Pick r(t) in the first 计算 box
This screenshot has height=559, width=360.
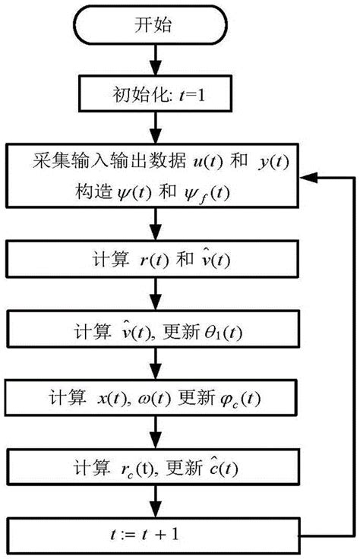pos(143,260)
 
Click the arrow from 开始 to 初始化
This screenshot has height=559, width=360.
pos(155,60)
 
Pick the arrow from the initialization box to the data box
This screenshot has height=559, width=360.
pos(155,128)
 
